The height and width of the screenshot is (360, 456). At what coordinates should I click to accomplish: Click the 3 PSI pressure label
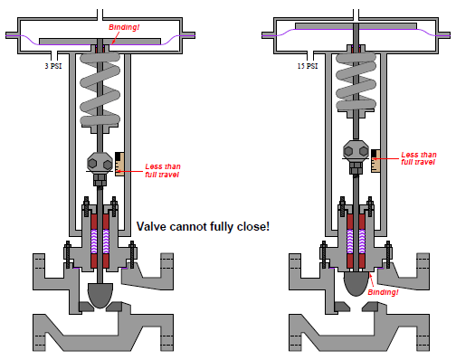(x=53, y=66)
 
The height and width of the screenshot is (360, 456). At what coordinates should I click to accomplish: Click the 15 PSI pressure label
(x=308, y=66)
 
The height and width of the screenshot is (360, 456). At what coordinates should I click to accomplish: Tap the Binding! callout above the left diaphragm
(x=124, y=27)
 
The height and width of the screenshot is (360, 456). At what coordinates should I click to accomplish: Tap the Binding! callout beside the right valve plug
(x=383, y=292)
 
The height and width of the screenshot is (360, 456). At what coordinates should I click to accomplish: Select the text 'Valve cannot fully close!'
(x=203, y=226)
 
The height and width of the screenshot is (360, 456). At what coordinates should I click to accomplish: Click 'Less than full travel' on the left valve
(x=163, y=170)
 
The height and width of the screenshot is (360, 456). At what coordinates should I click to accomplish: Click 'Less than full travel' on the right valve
(x=419, y=158)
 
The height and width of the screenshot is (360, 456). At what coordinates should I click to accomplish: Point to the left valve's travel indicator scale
(x=119, y=164)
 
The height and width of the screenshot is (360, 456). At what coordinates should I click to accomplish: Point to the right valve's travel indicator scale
(x=375, y=161)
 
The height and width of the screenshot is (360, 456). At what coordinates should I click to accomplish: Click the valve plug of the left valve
(x=100, y=295)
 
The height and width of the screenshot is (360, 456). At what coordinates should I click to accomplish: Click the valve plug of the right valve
(x=356, y=283)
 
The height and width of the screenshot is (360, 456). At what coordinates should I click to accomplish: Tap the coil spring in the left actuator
(x=100, y=90)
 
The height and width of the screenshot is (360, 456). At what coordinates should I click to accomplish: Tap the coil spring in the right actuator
(x=356, y=81)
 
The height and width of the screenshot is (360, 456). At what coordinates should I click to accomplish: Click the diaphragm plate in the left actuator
(x=100, y=42)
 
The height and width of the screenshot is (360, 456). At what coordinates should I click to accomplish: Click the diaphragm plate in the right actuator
(x=356, y=26)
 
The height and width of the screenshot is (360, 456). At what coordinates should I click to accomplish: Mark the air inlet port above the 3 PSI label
(x=54, y=56)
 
